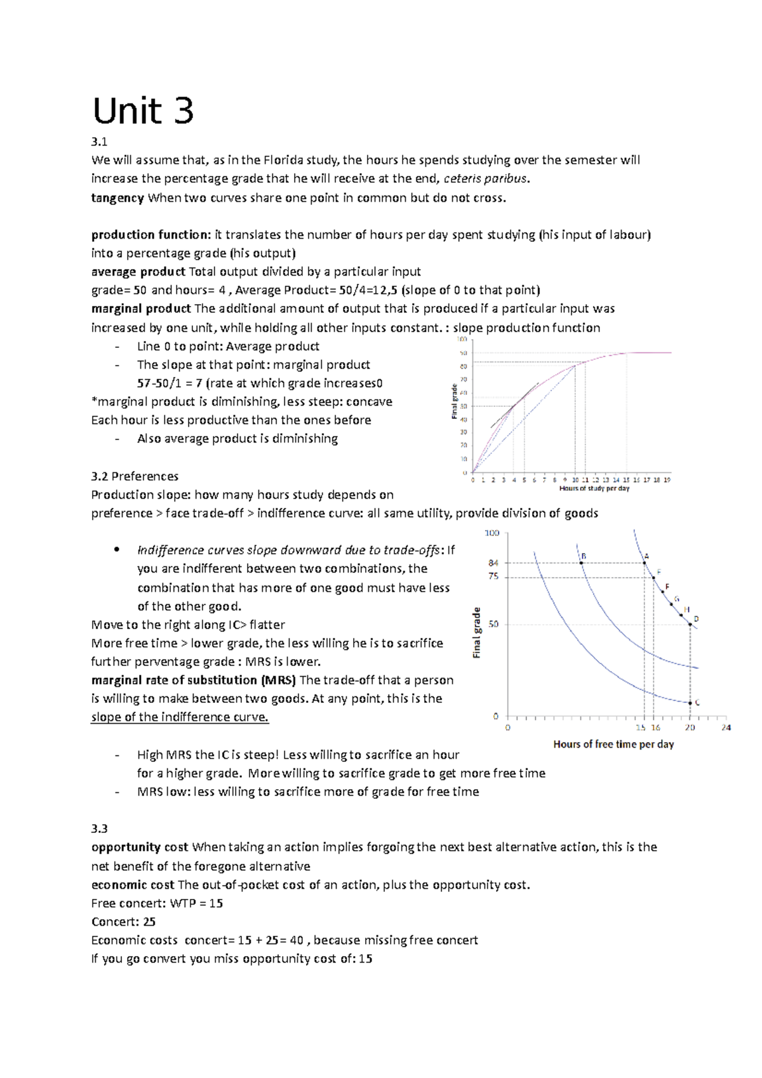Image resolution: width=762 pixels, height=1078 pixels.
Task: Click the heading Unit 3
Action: pyautogui.click(x=143, y=111)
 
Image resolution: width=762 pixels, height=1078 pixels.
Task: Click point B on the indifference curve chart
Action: pyautogui.click(x=581, y=562)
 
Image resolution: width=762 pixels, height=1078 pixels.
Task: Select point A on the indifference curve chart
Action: pyautogui.click(x=645, y=562)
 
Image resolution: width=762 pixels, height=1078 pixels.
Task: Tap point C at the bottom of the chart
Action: pyautogui.click(x=690, y=703)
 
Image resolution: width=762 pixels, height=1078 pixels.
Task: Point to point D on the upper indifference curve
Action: pyautogui.click(x=690, y=625)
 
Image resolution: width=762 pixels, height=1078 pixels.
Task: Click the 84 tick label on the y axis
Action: pyautogui.click(x=493, y=562)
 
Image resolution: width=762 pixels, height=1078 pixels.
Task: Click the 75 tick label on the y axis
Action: pyautogui.click(x=493, y=576)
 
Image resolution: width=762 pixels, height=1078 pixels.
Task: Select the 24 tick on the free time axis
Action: pyautogui.click(x=726, y=728)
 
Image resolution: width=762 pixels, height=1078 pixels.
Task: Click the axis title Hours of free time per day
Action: pyautogui.click(x=613, y=744)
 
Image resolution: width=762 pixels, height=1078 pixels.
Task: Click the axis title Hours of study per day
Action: pyautogui.click(x=594, y=489)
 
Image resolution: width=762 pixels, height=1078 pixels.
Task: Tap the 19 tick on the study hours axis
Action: pyautogui.click(x=667, y=480)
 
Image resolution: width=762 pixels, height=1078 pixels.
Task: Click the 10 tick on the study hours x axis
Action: pyautogui.click(x=575, y=480)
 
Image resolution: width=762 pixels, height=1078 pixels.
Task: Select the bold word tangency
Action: pyautogui.click(x=117, y=197)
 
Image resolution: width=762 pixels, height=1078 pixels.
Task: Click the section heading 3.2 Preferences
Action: pyautogui.click(x=135, y=476)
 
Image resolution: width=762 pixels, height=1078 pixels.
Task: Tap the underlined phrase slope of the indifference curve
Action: pyautogui.click(x=180, y=717)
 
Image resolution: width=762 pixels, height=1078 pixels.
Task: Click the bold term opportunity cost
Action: pyautogui.click(x=140, y=847)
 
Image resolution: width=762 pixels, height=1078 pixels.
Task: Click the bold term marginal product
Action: pyautogui.click(x=141, y=309)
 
